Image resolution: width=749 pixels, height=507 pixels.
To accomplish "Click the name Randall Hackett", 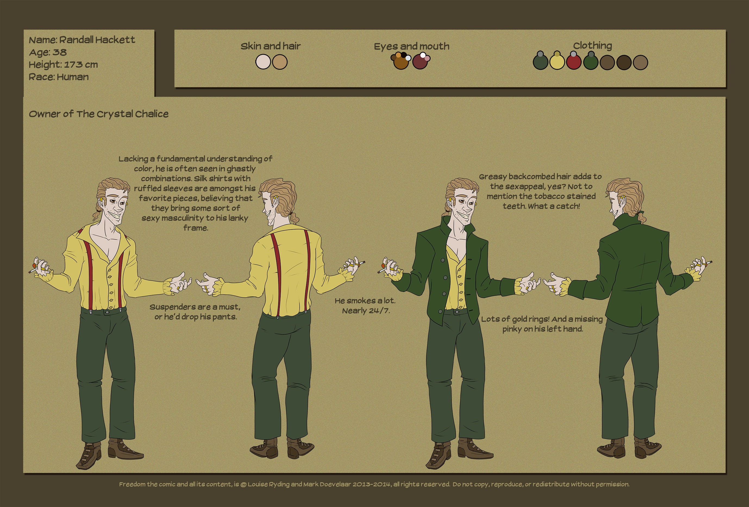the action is click(97, 40).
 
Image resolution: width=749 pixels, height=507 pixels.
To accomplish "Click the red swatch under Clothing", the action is click(573, 62).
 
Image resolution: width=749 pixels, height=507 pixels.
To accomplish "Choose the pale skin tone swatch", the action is click(263, 62).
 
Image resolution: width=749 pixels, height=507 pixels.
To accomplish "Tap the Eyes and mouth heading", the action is click(412, 46).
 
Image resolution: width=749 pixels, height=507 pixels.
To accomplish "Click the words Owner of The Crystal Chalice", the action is click(99, 114).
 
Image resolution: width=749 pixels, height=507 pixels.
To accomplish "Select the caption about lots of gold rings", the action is click(542, 324).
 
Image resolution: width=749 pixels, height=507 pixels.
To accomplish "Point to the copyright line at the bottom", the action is click(374, 484).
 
